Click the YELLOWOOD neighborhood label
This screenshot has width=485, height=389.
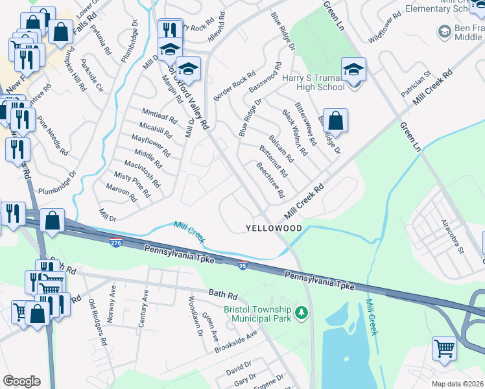(x=274, y=229)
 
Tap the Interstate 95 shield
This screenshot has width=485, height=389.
(x=242, y=265)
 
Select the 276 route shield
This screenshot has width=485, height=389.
(x=115, y=243)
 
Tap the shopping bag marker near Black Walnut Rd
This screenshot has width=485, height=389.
(x=335, y=121)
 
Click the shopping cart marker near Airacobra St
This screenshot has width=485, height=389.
(x=444, y=348)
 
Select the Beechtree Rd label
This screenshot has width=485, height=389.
(x=270, y=180)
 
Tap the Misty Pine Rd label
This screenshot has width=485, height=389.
(x=132, y=184)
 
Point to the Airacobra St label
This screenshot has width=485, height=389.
(x=452, y=235)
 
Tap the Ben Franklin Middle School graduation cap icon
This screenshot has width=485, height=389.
(x=444, y=32)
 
